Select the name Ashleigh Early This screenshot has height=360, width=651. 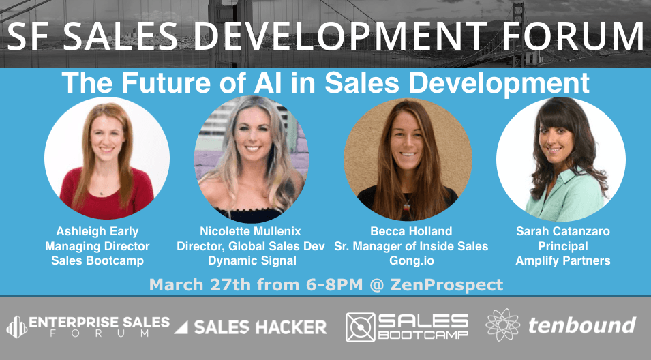(97, 231)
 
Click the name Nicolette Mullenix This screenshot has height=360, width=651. (250, 231)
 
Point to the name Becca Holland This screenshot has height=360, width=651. (411, 231)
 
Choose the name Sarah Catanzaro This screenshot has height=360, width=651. (563, 231)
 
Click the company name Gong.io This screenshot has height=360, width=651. (411, 260)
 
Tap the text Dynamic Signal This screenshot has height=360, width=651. (252, 260)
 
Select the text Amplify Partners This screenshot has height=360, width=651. (563, 260)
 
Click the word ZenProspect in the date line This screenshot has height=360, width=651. (446, 285)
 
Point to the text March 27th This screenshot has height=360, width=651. (200, 285)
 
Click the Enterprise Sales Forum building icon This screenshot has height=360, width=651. (16, 327)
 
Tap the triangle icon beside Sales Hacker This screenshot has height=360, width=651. (181, 327)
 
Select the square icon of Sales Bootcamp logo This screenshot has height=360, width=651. (361, 327)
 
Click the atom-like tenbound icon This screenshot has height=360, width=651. (503, 325)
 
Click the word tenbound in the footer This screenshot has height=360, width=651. (582, 325)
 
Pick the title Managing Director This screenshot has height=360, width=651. (97, 246)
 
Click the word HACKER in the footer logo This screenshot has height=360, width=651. (290, 327)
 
